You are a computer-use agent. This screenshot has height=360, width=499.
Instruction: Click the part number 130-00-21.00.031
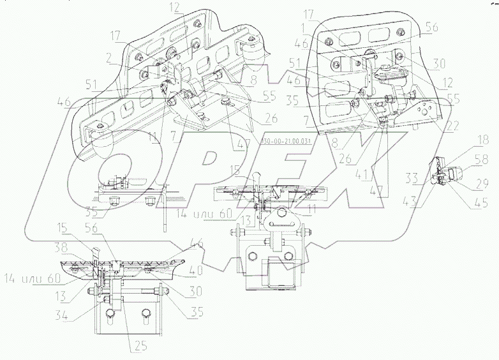pyautogui.click(x=285, y=142)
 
